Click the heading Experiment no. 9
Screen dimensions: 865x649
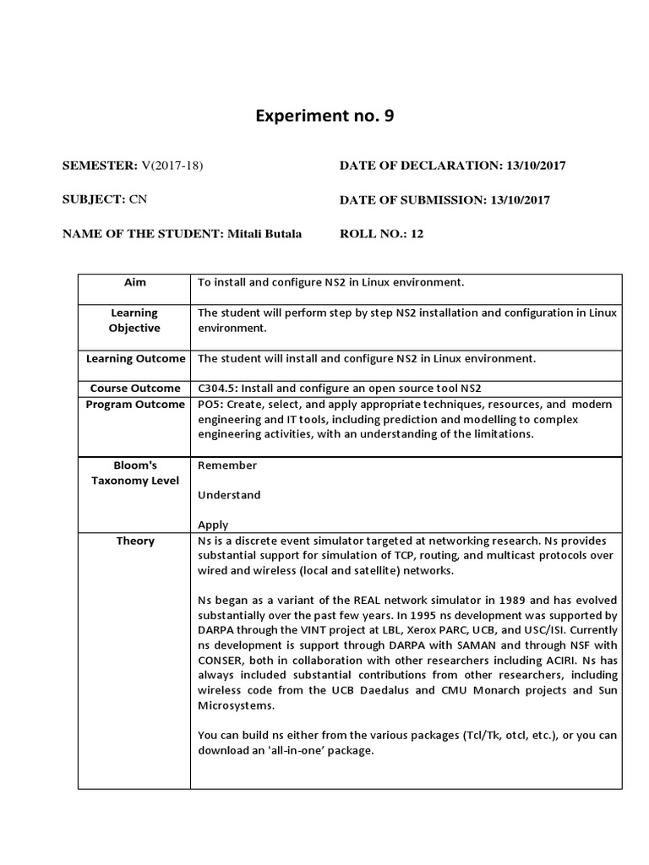324,116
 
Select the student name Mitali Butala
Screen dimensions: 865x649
264,234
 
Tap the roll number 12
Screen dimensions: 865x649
417,234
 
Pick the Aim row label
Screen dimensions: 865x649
135,282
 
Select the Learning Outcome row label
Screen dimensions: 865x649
135,358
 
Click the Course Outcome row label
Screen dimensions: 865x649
135,388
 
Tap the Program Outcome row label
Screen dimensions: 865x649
135,405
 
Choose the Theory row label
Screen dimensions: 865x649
135,541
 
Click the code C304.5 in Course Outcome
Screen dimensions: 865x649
217,388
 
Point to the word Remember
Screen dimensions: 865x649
227,465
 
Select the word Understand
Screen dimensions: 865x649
229,495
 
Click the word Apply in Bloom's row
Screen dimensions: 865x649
213,525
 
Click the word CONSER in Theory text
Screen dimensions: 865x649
222,661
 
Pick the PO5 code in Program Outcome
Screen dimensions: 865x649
210,405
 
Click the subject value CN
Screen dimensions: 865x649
138,200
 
